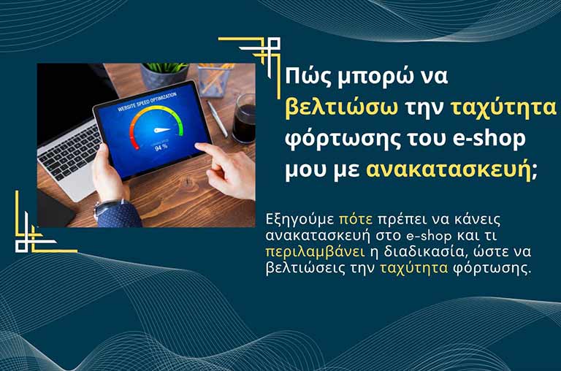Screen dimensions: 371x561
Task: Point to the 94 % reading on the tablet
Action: [x=160, y=145]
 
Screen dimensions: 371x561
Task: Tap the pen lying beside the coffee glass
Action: [x=217, y=117]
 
